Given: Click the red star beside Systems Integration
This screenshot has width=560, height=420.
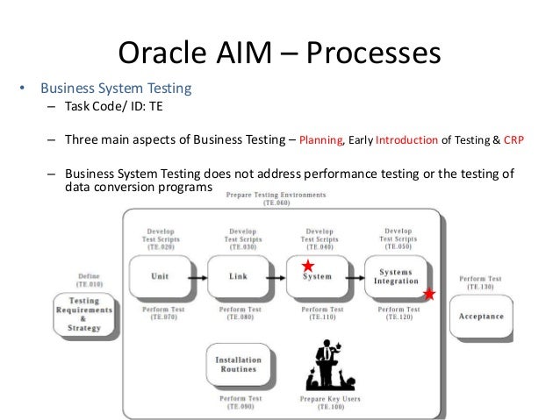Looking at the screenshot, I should [429, 294].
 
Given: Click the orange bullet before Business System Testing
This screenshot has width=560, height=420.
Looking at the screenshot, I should [25, 88].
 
